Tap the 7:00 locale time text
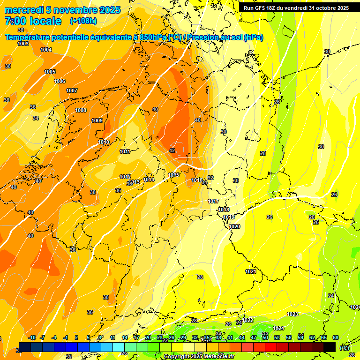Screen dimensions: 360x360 [x=33, y=21]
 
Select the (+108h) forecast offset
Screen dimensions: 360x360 [x=83, y=21]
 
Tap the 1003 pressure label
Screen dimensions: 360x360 [x=23, y=44]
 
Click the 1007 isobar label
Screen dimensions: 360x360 [x=72, y=90]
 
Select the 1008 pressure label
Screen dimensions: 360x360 [x=81, y=110]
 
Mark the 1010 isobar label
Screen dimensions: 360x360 [x=104, y=142]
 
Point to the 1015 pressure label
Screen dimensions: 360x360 [x=173, y=175]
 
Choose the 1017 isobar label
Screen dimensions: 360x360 [x=213, y=201]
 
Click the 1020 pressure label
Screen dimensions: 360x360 [x=234, y=226]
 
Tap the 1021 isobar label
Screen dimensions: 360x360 [x=251, y=271]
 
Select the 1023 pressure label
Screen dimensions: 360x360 [x=292, y=314]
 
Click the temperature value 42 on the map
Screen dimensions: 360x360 [x=172, y=150]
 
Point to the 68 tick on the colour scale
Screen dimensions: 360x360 [x=336, y=337]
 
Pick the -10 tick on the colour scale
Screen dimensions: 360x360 [x=32, y=337]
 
